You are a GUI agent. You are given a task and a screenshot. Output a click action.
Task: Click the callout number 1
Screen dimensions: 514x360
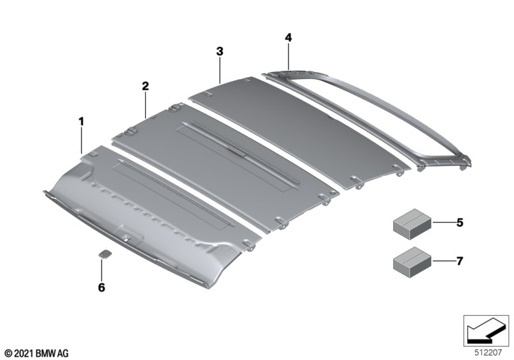point(81,122)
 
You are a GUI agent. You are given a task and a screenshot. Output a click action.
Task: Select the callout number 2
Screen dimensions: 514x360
point(145,86)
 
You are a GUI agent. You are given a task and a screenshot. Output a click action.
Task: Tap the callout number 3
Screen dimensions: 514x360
point(220,51)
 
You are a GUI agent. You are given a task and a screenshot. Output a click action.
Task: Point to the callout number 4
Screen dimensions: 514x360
point(288,37)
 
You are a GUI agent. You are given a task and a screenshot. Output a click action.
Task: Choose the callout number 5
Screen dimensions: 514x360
point(459,222)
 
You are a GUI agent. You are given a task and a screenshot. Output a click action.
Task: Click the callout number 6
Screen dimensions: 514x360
point(102,287)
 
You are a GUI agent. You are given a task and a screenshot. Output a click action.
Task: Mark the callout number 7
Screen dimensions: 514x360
point(459,261)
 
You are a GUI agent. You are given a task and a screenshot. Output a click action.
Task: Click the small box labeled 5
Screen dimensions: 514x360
point(412,223)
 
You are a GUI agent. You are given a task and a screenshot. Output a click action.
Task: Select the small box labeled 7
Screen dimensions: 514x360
point(412,262)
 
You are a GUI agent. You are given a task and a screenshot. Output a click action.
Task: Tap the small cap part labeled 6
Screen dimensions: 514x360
point(105,254)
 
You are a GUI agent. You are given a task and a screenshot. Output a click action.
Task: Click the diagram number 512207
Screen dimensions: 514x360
point(488,353)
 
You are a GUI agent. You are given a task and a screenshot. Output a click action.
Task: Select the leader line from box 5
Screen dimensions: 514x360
point(444,222)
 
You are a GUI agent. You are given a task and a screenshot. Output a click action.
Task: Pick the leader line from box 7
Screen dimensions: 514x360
point(444,261)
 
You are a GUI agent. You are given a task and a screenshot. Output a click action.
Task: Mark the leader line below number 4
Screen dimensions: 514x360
point(288,57)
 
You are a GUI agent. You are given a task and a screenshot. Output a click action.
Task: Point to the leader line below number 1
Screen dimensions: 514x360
point(82,141)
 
